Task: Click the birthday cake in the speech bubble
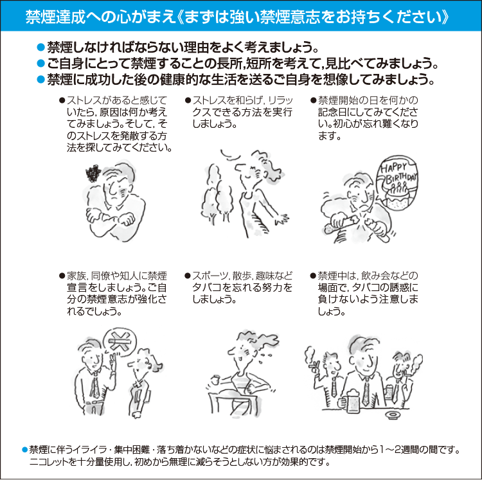(397, 196)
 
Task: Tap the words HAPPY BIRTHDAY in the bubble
(398, 173)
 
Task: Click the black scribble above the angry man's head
(93, 173)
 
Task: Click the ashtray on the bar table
(394, 416)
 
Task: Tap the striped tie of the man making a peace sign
(95, 386)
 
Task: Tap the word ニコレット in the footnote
(49, 462)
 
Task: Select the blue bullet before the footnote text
(25, 450)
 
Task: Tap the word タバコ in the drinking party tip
(365, 288)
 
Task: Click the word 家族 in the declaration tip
(78, 276)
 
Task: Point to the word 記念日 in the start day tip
(335, 112)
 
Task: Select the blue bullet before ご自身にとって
(41, 64)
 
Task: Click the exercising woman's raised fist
(216, 380)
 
